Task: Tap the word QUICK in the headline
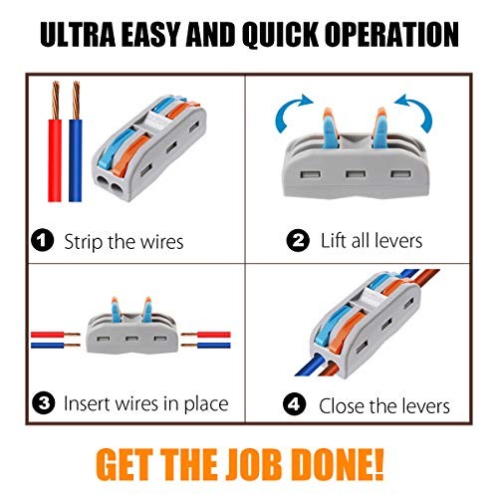tap(279, 35)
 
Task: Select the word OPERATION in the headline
tap(391, 34)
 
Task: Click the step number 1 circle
tap(42, 240)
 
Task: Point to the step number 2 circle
tap(298, 240)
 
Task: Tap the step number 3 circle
tap(44, 403)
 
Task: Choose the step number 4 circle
tap(294, 403)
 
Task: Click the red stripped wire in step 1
tap(55, 141)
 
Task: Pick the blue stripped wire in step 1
tap(76, 141)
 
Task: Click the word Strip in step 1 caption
tap(83, 242)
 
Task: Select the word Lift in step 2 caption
tap(334, 240)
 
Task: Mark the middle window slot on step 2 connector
tap(356, 174)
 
